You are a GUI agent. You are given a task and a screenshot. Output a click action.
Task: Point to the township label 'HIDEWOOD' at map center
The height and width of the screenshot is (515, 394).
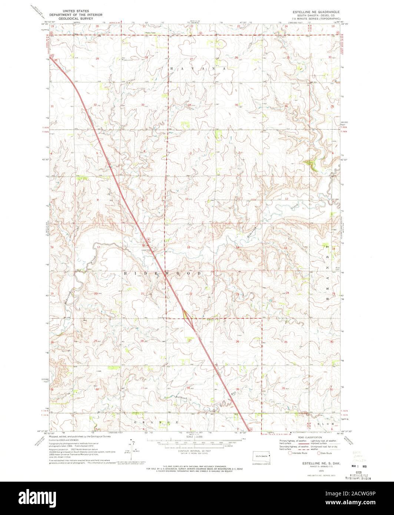162,273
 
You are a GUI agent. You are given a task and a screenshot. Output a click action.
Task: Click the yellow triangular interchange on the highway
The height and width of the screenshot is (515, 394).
186,315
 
